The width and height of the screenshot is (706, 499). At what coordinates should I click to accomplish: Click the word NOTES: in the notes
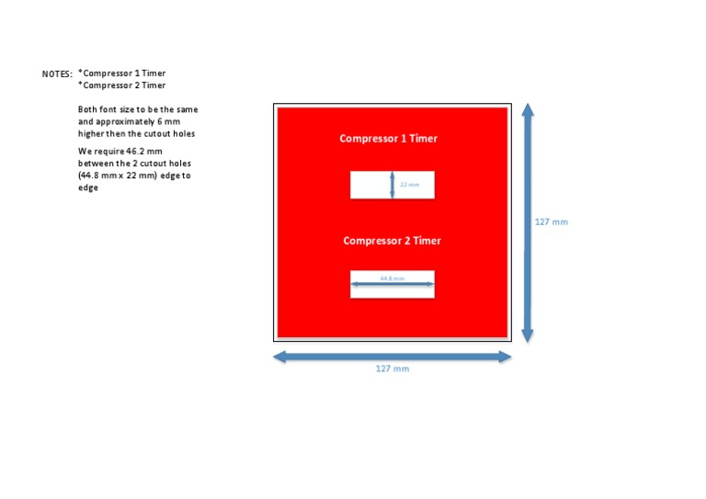(57, 74)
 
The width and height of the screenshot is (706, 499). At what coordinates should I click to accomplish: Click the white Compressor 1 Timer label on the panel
(389, 139)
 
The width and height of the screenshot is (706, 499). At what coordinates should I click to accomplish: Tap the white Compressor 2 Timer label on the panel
(393, 241)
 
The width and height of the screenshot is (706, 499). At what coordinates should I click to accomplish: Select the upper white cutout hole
(393, 185)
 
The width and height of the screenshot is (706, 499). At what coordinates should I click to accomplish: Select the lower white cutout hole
(393, 284)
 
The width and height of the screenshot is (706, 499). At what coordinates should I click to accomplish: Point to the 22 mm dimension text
(410, 185)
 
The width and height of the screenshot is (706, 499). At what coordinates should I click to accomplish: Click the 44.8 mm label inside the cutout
(393, 278)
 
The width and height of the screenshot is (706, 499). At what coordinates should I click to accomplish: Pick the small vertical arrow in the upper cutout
(393, 185)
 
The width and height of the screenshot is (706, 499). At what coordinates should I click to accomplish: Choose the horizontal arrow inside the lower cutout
(393, 284)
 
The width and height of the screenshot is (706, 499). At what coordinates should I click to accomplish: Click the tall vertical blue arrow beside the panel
(528, 222)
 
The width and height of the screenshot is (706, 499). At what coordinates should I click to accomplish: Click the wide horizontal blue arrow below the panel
(393, 357)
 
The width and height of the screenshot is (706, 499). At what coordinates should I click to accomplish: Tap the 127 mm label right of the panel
(552, 221)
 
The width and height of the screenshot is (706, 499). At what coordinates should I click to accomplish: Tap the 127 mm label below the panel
(393, 369)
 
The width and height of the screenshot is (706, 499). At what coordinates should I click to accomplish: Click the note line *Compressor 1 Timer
(122, 73)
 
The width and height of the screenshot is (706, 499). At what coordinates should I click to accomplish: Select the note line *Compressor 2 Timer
(122, 85)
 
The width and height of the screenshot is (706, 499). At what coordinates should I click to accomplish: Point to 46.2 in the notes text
(135, 152)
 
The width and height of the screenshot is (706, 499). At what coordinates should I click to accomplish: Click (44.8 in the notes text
(88, 176)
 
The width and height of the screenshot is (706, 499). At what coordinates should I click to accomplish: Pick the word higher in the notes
(91, 133)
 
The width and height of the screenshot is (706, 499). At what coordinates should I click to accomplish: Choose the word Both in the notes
(87, 109)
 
